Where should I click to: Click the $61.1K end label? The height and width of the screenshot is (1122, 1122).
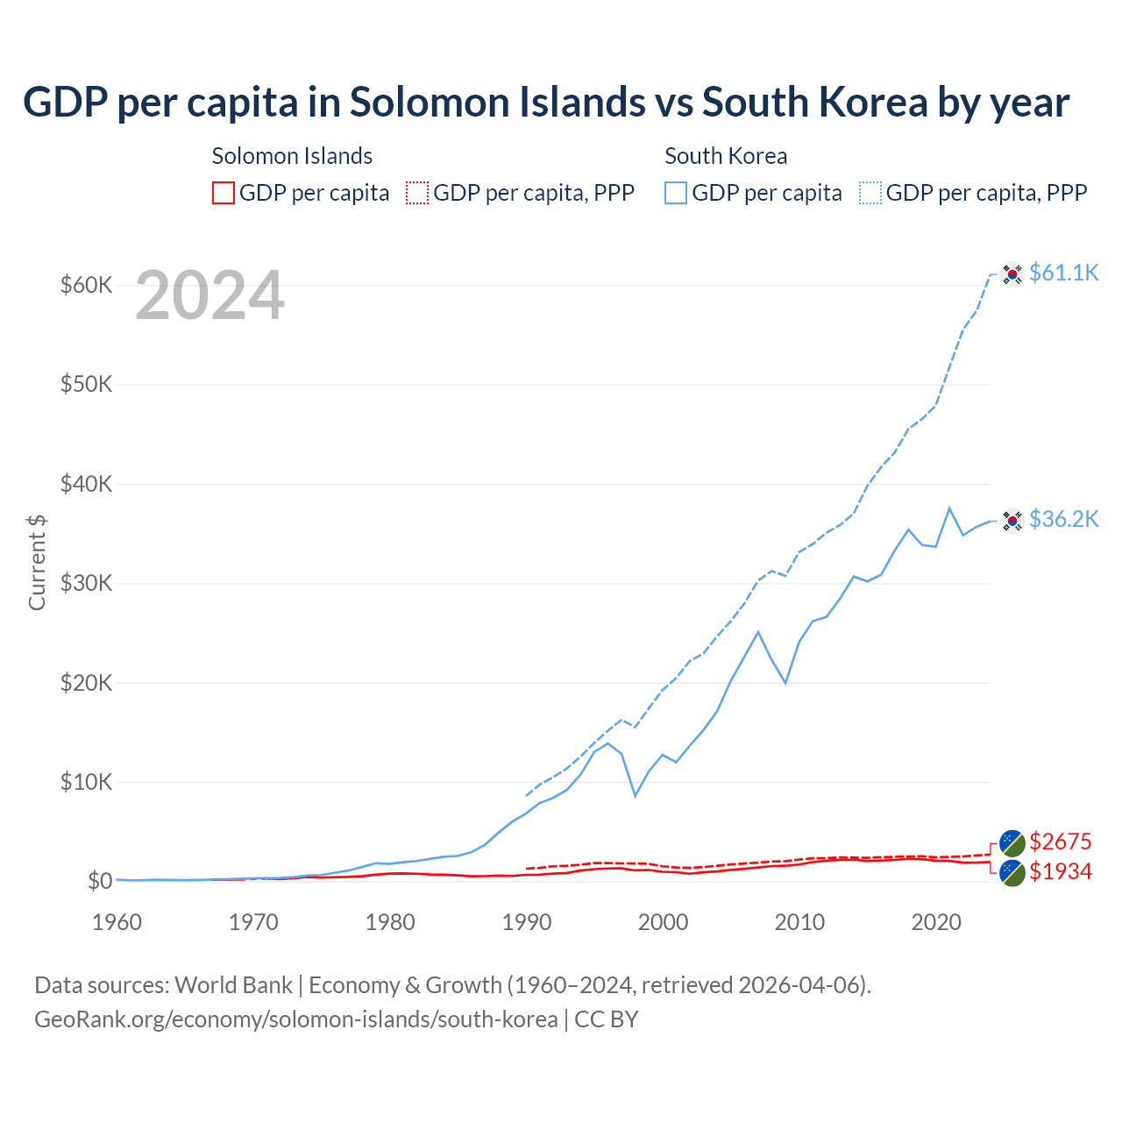pos(1063,273)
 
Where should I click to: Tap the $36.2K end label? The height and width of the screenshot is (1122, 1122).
pos(1063,519)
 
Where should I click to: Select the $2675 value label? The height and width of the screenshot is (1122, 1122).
pos(1060,841)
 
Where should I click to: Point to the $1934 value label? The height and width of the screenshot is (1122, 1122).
pos(1060,871)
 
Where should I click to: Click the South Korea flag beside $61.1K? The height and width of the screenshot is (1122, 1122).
pos(1012,274)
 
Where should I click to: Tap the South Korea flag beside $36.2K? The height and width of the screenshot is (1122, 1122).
pos(1012,521)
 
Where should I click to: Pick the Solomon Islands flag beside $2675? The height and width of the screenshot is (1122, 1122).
pos(1012,843)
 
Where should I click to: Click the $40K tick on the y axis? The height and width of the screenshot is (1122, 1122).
pos(86,484)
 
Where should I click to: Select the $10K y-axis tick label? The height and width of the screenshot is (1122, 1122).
pos(86,782)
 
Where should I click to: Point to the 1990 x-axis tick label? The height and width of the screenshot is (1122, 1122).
pos(527,922)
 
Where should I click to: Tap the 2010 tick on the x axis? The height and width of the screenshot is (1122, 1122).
pos(799,922)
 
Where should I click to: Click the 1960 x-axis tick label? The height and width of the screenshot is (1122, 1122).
pos(117,922)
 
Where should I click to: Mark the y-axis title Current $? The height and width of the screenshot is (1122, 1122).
pos(37,562)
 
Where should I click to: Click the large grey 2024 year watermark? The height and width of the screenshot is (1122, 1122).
pos(210,296)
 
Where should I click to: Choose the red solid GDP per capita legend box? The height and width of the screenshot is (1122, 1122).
pos(224,193)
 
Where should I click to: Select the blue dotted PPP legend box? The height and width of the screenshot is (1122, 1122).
pos(870,193)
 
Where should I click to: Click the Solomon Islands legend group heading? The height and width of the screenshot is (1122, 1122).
pos(292,156)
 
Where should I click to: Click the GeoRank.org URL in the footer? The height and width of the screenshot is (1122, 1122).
pos(296,1019)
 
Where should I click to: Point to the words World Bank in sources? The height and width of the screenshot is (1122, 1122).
pos(233,985)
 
